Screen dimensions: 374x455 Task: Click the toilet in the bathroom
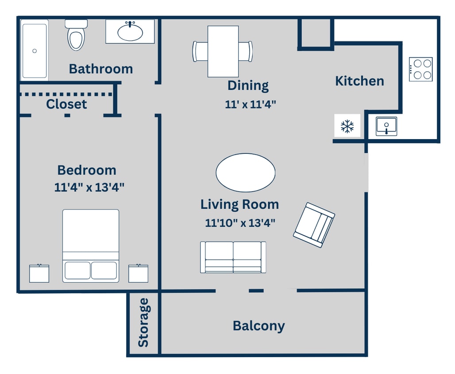tap(76, 35)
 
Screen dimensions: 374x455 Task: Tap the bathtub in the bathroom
tap(35, 51)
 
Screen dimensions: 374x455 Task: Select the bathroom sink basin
tap(130, 31)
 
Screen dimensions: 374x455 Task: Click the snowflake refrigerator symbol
tap(347, 126)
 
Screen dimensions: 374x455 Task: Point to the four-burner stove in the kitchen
tap(420, 69)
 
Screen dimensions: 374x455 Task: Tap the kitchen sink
tap(386, 126)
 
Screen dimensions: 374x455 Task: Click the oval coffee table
tap(246, 172)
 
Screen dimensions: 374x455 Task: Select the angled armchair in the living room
tap(314, 225)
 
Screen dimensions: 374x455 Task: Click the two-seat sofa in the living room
tap(233, 257)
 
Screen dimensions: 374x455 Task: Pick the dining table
tap(223, 51)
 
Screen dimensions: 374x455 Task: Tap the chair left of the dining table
tap(200, 51)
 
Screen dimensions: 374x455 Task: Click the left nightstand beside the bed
tap(39, 273)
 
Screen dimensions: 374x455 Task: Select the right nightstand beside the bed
tap(139, 273)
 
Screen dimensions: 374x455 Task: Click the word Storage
tap(143, 322)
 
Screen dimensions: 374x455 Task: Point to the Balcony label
tap(259, 326)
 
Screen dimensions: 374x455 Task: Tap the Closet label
tap(66, 104)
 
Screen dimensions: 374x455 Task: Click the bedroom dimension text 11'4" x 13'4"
tap(89, 187)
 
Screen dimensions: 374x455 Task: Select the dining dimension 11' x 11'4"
tap(251, 105)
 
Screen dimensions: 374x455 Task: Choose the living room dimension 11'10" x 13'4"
tap(240, 223)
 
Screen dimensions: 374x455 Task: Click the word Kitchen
tap(359, 81)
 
